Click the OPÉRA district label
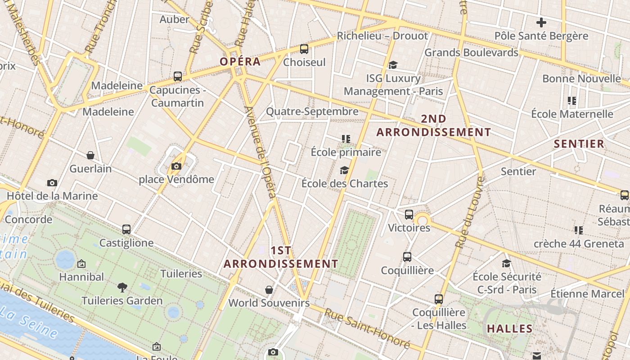pyautogui.click(x=240, y=62)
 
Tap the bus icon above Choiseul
pyautogui.click(x=304, y=49)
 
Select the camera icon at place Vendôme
pyautogui.click(x=176, y=166)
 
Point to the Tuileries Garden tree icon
pyautogui.click(x=122, y=287)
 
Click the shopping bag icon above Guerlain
pyautogui.click(x=90, y=155)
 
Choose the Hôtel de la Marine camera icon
pyautogui.click(x=52, y=183)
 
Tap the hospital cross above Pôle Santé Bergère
pyautogui.click(x=541, y=22)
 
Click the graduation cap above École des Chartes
pyautogui.click(x=344, y=170)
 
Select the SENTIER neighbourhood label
pyautogui.click(x=579, y=144)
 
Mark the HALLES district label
pyautogui.click(x=510, y=329)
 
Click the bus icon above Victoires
pyautogui.click(x=409, y=215)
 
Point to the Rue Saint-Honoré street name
pyautogui.click(x=367, y=328)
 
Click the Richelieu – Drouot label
pyautogui.click(x=382, y=36)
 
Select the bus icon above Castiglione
pyautogui.click(x=126, y=229)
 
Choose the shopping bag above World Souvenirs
pyautogui.click(x=269, y=289)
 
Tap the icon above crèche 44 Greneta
pyautogui.click(x=578, y=230)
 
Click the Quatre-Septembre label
pyautogui.click(x=312, y=111)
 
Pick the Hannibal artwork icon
pyautogui.click(x=81, y=264)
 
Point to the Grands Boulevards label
pyautogui.click(x=472, y=53)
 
